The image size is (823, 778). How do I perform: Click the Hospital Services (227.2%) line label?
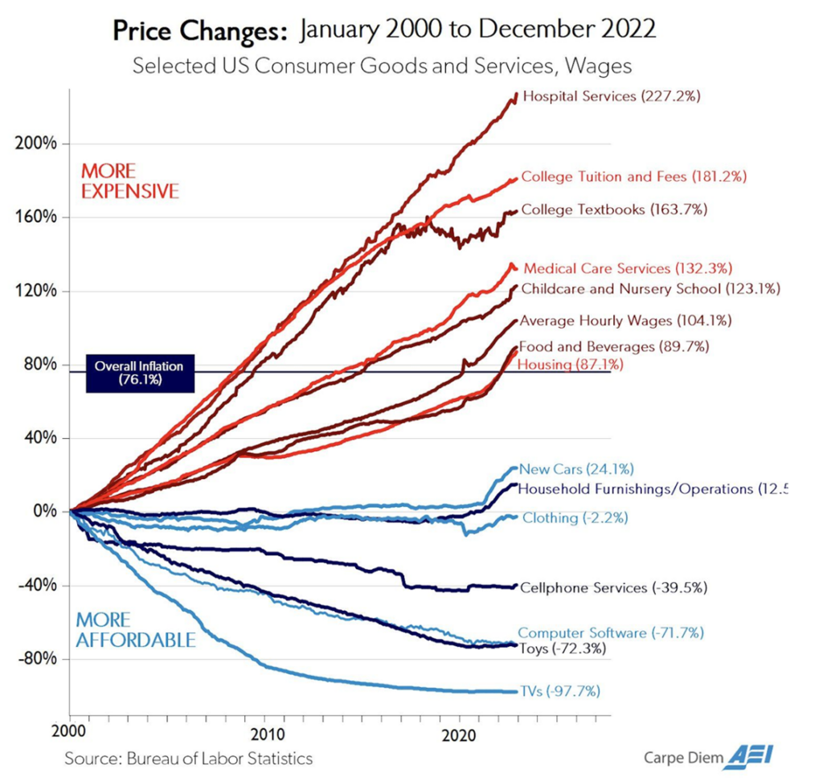(612, 96)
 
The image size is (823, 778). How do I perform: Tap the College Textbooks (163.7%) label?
(614, 210)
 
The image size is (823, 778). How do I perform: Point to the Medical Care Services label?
(628, 268)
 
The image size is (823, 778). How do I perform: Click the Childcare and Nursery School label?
(651, 288)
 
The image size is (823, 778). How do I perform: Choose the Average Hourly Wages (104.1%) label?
(624, 321)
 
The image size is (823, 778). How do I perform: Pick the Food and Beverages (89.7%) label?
(614, 347)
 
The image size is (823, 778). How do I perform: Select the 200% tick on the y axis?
(35, 144)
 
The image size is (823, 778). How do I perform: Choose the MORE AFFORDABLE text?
(135, 630)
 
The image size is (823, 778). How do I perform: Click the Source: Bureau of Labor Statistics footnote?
(188, 758)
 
